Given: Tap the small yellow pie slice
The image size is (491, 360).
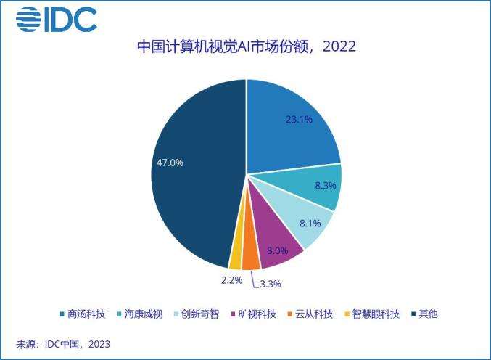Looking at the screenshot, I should [x=236, y=258].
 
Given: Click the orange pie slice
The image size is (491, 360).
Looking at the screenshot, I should [x=250, y=258].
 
